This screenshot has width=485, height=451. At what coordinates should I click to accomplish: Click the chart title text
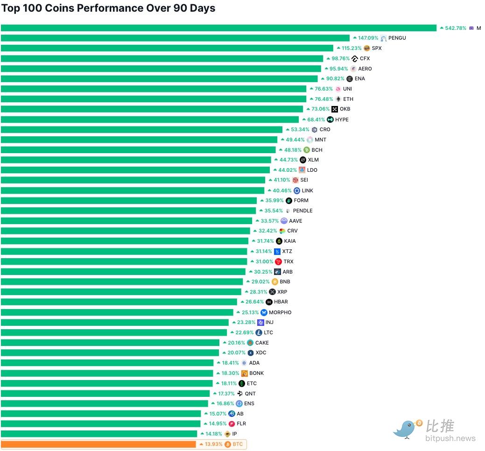(108, 8)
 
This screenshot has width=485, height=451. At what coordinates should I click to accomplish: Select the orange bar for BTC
(98, 444)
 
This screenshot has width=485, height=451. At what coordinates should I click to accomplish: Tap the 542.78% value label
(456, 28)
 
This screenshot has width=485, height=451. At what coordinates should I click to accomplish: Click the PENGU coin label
(397, 38)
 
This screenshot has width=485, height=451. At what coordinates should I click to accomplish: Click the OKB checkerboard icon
(335, 109)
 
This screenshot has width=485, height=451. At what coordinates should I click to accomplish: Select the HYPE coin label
(342, 120)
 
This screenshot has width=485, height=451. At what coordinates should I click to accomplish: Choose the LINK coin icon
(297, 190)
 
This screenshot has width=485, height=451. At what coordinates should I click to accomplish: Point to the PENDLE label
(302, 211)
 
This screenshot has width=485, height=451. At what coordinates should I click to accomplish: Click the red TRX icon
(279, 261)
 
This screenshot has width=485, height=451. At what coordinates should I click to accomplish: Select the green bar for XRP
(121, 292)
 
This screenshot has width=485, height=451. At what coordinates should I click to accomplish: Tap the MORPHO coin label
(280, 312)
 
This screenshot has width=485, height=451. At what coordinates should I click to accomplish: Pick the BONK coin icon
(245, 373)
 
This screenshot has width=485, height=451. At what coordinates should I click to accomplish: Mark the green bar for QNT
(105, 394)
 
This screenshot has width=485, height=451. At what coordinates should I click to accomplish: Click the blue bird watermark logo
(407, 428)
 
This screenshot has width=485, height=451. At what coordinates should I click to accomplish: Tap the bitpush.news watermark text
(450, 438)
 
